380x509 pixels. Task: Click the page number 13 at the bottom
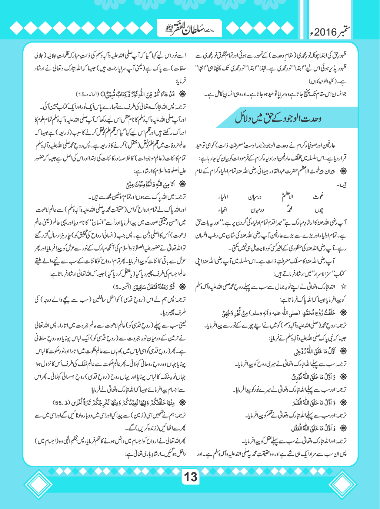[x=190, y=476]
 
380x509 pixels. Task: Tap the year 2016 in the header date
[x=326, y=32]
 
